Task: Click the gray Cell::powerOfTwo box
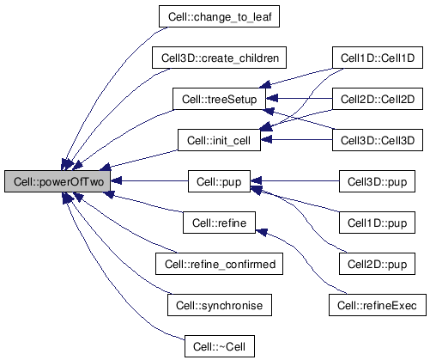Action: pos(58,181)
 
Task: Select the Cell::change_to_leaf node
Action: pos(219,16)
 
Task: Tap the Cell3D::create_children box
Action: pos(219,58)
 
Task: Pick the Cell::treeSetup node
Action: pos(219,99)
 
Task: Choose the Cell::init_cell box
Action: pos(219,140)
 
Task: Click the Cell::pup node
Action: pos(219,181)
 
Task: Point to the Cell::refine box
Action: pos(219,223)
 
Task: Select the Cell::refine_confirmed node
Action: pos(219,264)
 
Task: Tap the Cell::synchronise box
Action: pos(220,305)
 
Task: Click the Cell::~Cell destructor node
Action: pos(220,346)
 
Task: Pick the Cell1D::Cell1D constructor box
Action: pos(378,58)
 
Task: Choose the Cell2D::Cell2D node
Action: pos(378,99)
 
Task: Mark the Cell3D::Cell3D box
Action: pos(378,140)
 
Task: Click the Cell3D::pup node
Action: pos(377,181)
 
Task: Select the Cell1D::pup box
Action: pos(377,223)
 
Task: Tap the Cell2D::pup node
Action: pos(377,264)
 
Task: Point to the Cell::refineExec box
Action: pos(378,305)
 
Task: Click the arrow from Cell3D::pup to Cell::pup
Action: pos(295,181)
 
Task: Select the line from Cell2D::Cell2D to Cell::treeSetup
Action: pos(300,99)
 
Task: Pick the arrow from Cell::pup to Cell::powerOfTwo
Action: pos(149,181)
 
